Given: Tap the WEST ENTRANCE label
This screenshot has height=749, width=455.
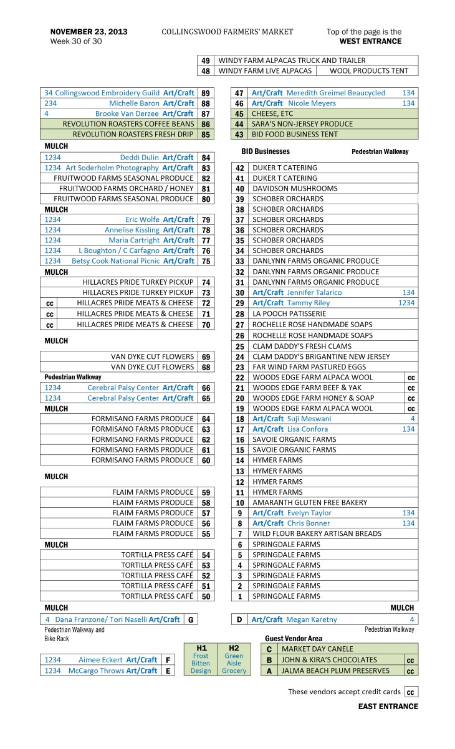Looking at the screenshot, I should coord(370,42).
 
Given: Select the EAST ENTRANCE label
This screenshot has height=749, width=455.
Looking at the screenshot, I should coord(388,706).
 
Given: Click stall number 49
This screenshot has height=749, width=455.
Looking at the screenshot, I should coord(206,60).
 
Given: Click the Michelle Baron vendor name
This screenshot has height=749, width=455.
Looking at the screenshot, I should coord(134,103).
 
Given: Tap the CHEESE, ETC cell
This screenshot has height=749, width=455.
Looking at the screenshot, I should coord(272,113).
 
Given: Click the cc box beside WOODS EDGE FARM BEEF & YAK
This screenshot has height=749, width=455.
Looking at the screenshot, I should coord(411,388).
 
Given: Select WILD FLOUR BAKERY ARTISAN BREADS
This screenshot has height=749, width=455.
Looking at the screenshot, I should coord(317,533).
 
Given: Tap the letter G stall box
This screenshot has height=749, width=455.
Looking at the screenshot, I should coord(189,619).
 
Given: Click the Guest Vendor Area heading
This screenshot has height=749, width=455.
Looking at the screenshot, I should coord(294,639).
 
